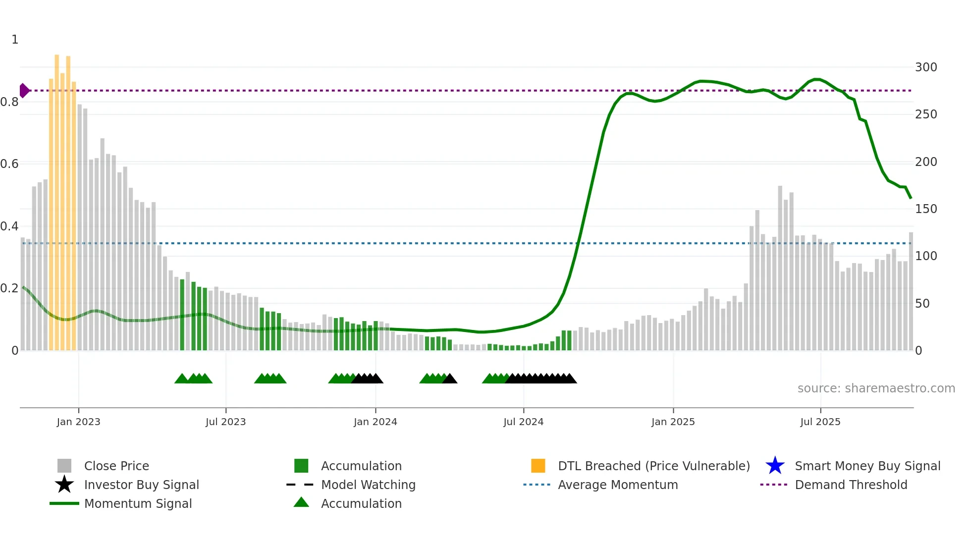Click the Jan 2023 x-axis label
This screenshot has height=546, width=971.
(78, 422)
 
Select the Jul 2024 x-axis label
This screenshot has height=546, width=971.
(523, 422)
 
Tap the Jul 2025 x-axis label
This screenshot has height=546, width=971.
(820, 422)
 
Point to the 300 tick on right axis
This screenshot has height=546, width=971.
(925, 67)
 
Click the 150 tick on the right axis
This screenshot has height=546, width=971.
(925, 209)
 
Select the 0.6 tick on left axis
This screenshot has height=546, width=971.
(9, 164)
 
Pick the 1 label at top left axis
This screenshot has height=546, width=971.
(15, 40)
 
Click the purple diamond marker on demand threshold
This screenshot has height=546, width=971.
(24, 91)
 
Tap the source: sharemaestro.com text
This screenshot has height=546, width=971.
(876, 388)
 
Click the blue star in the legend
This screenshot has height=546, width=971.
(775, 466)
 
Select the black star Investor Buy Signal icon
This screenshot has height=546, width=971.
(64, 485)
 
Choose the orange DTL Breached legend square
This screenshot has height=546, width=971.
(538, 466)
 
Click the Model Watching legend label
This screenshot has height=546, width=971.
(368, 485)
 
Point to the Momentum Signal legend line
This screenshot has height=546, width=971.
(64, 503)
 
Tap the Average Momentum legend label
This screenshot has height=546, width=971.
(618, 485)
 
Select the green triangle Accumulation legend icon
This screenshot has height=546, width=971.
(301, 503)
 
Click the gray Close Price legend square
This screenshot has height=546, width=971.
(64, 466)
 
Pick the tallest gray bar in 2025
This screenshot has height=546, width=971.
(780, 268)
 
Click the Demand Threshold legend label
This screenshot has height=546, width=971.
(851, 485)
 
